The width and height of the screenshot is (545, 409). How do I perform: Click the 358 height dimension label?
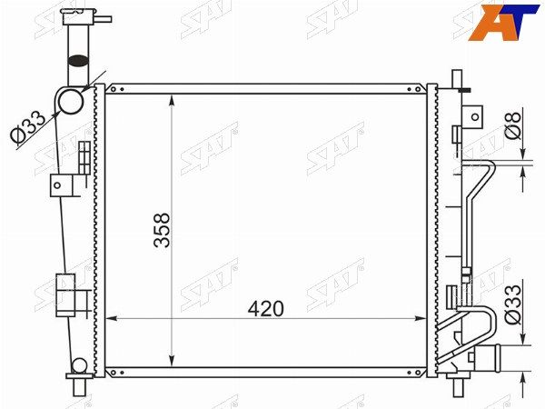click(x=163, y=230)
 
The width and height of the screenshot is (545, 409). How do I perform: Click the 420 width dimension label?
click(x=266, y=309)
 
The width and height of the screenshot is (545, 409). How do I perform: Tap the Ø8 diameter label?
click(x=513, y=126)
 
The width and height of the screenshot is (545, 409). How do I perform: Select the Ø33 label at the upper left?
click(x=28, y=127)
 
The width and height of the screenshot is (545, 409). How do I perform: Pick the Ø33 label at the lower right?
click(x=513, y=304)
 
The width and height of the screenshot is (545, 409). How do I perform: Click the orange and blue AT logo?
click(x=503, y=22)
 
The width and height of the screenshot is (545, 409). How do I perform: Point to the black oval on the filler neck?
click(x=78, y=61)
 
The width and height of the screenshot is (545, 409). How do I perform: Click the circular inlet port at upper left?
click(x=71, y=101)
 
